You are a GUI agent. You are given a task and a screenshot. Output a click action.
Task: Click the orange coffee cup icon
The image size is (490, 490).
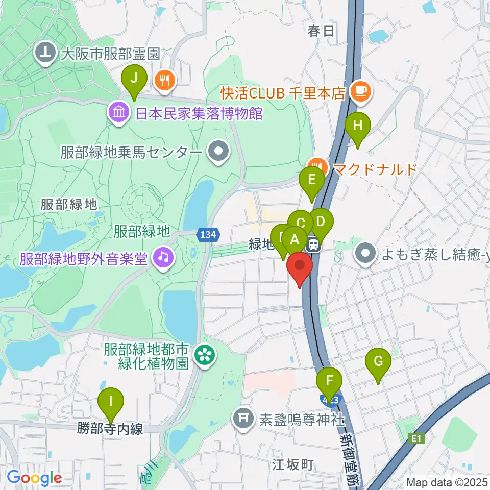coord(363,91)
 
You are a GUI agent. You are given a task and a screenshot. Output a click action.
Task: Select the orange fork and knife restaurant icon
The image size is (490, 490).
coord(165,80)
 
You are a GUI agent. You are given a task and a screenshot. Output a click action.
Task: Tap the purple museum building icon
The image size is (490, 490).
coord(118,112)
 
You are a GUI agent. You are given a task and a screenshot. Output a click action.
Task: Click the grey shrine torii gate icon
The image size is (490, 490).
coord(243,419)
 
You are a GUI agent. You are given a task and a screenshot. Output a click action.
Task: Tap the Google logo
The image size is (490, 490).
coord(34,478)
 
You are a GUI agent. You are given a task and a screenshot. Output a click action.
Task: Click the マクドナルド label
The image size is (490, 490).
coord(375,168)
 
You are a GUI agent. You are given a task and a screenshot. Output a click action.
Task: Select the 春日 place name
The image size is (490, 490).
coord(321,31)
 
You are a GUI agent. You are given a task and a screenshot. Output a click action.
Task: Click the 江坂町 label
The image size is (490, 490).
coord(292,464)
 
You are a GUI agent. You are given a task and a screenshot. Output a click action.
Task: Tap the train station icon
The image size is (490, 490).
coord(314,246)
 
